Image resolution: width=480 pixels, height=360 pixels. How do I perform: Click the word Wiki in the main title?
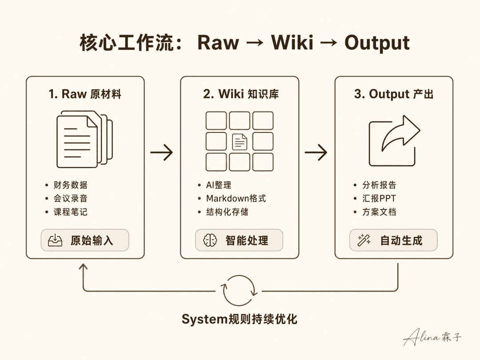coord(292,42)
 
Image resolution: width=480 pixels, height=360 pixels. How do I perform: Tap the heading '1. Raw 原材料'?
coord(85,94)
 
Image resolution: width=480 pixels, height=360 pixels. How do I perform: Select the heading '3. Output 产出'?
coord(394,94)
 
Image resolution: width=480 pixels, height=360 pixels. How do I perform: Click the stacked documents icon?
coord(85,139)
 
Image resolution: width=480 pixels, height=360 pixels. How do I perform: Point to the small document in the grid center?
coord(240,142)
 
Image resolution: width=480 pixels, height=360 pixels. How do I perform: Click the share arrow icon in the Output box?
coord(394,140)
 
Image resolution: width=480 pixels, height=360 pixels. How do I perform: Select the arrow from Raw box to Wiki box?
coord(162,152)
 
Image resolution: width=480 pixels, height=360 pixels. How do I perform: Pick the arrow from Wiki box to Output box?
coord(316,152)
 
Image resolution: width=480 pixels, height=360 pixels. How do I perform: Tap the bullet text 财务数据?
coord(70,185)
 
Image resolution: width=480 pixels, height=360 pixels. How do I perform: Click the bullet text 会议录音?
coord(70,198)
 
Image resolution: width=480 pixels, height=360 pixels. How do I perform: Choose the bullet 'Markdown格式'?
coord(236,198)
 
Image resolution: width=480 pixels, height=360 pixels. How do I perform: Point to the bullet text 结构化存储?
coord(227,212)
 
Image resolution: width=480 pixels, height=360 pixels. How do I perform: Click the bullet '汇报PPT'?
coord(379,198)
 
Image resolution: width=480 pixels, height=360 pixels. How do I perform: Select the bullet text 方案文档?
coord(379,212)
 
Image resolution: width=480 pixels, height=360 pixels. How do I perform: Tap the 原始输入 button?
coord(85,240)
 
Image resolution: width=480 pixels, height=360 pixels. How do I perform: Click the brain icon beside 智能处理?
coord(210,240)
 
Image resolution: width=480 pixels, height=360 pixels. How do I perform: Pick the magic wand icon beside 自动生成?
coord(364,240)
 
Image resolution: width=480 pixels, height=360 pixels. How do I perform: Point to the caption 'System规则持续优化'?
coord(240,319)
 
